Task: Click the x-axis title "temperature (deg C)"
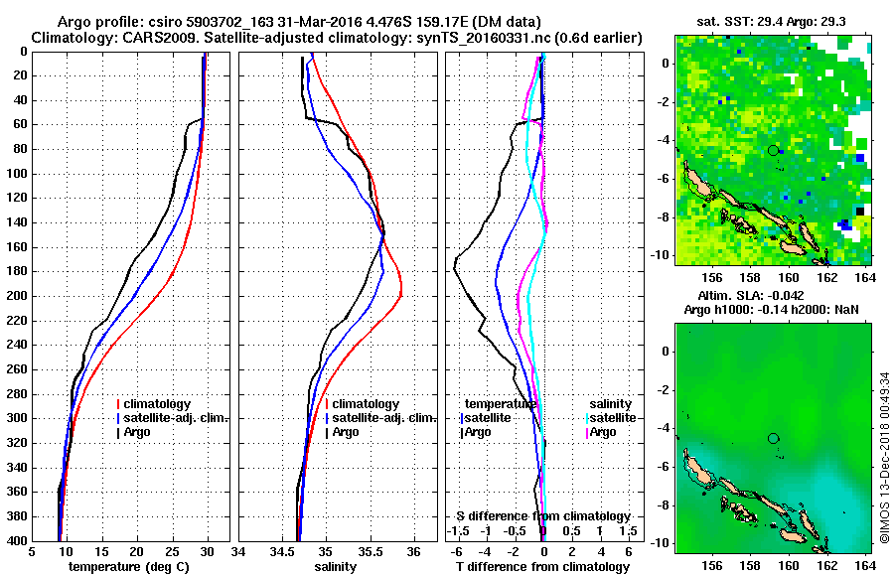click(130, 566)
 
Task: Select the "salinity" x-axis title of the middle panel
click(338, 566)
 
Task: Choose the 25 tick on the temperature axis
click(173, 552)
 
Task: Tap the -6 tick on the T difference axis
click(457, 552)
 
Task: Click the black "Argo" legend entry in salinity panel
click(346, 432)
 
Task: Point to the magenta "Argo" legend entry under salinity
click(606, 432)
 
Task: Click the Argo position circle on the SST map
click(773, 150)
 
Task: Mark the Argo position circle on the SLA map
click(773, 438)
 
